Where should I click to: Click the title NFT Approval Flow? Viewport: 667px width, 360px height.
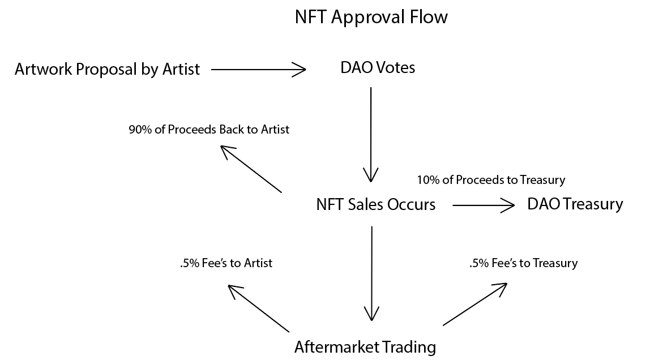pyautogui.click(x=371, y=18)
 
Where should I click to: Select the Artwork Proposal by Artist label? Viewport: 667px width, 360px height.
pyautogui.click(x=107, y=69)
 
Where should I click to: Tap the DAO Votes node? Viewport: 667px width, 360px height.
pyautogui.click(x=378, y=67)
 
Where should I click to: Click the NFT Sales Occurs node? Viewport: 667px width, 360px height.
pyautogui.click(x=375, y=204)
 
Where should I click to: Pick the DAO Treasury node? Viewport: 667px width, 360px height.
pyautogui.click(x=575, y=204)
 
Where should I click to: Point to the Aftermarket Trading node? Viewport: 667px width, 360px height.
pyautogui.click(x=365, y=347)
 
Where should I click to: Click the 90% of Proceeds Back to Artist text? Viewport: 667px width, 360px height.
pyautogui.click(x=209, y=129)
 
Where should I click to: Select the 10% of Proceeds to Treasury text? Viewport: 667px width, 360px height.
pyautogui.click(x=491, y=180)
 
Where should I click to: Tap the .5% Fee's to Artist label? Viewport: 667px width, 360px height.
pyautogui.click(x=226, y=263)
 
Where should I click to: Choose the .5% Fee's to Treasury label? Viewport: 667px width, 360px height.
pyautogui.click(x=524, y=263)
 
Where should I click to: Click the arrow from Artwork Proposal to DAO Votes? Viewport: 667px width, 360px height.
pyautogui.click(x=259, y=69)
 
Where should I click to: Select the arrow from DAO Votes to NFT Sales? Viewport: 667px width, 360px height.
pyautogui.click(x=371, y=135)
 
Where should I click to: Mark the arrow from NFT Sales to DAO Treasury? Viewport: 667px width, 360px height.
pyautogui.click(x=484, y=205)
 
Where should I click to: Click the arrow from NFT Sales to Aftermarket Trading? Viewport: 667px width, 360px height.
pyautogui.click(x=372, y=273)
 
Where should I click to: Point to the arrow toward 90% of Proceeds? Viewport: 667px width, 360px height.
pyautogui.click(x=251, y=169)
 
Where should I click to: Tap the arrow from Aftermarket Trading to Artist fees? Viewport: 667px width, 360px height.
pyautogui.click(x=259, y=308)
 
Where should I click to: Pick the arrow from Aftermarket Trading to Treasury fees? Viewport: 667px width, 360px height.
pyautogui.click(x=475, y=305)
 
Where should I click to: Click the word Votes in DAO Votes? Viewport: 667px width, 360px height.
pyautogui.click(x=395, y=67)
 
